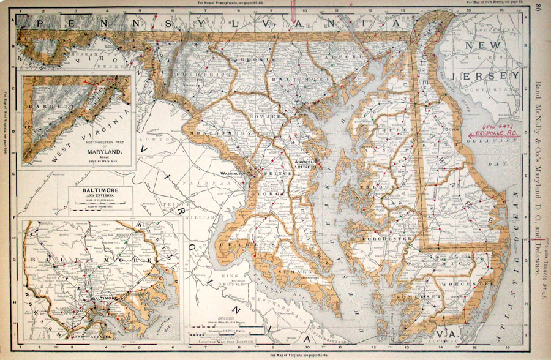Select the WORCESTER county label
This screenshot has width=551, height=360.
469,284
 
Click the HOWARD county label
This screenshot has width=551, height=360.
267,115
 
